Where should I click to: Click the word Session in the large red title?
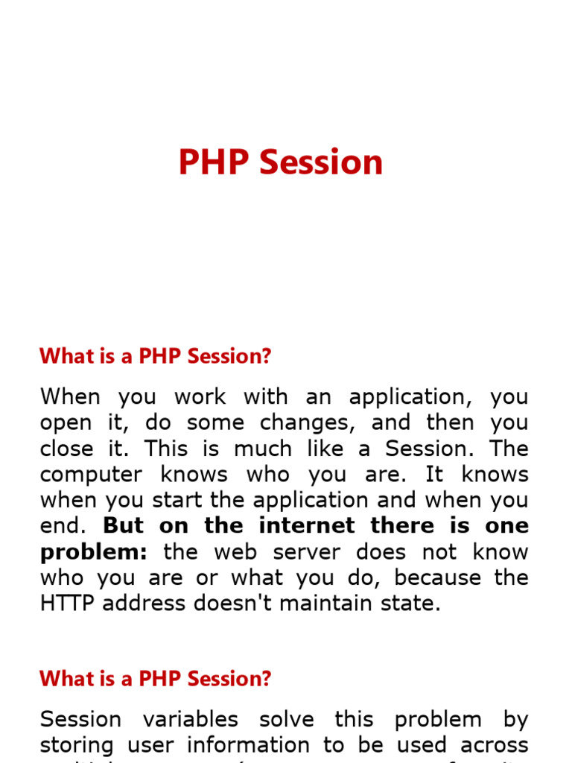click(321, 162)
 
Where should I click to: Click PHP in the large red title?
click(215, 162)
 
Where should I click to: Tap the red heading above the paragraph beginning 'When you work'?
click(156, 356)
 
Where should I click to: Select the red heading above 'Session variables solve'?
click(156, 679)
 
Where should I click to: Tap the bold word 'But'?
click(123, 525)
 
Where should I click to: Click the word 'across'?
click(492, 744)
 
